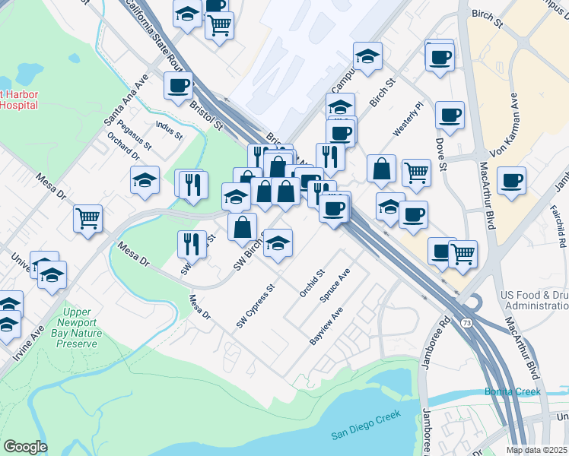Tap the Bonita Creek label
513,392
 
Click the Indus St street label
169,131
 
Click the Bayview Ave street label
327,326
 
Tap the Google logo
25,446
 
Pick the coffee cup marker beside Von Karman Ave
512,181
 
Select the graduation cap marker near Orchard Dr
145,180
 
